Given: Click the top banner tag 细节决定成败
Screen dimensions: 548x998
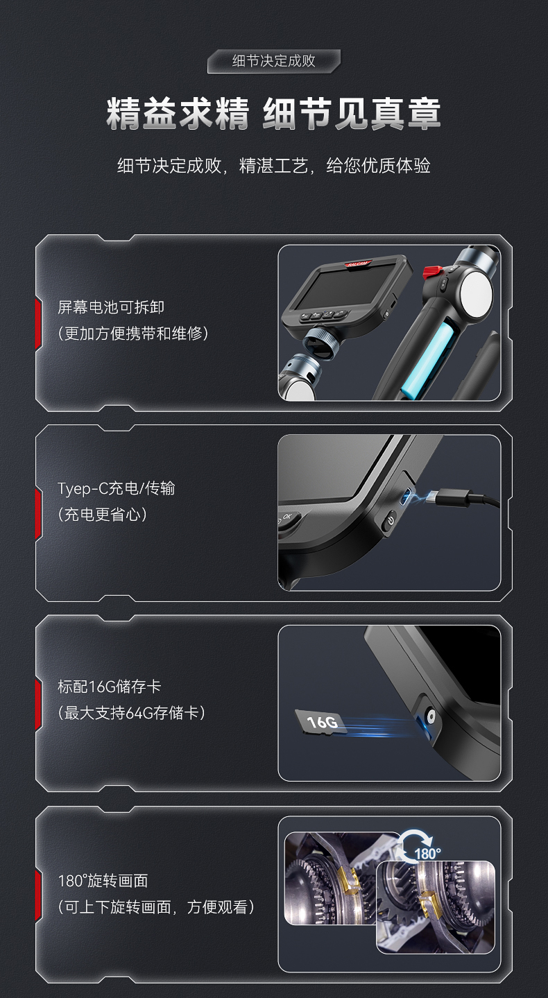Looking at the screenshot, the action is coord(273,61).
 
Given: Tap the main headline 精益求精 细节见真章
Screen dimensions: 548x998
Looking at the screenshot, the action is coord(273,114).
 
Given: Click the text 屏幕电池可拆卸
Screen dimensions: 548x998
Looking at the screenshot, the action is coord(111,307).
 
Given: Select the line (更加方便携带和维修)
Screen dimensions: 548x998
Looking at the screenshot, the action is coord(133,334).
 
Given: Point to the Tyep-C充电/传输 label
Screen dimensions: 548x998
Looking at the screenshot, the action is coord(117,488).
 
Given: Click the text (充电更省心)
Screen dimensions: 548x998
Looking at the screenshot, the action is coord(103,515).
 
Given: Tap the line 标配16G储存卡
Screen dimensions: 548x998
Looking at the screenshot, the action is coord(109,687).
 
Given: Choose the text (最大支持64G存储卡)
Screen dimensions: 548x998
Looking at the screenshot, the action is coord(132,713).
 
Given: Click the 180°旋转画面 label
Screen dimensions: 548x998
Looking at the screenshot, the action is coord(103,881).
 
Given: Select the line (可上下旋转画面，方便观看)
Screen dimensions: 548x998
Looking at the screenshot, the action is coord(156,907).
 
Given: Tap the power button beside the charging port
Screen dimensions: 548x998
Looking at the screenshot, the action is coord(389,520).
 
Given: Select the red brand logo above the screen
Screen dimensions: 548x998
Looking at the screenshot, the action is coord(358,264).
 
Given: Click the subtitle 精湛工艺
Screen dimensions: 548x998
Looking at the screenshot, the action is coord(273,166).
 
